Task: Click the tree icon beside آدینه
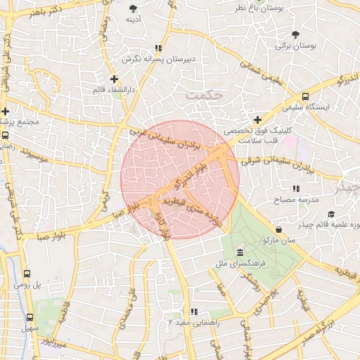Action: (x=134, y=8)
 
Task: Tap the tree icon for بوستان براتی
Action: (x=296, y=34)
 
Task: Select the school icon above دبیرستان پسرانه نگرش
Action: (x=158, y=48)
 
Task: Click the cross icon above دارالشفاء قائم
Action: (x=114, y=79)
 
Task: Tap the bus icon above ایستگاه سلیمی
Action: (x=305, y=97)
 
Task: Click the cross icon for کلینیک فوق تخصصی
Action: (x=257, y=120)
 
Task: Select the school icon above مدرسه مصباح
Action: (x=296, y=188)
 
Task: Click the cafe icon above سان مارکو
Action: (x=280, y=229)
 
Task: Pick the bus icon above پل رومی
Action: (x=27, y=274)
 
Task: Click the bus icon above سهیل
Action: (x=30, y=317)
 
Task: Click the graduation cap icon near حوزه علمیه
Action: (x=331, y=214)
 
